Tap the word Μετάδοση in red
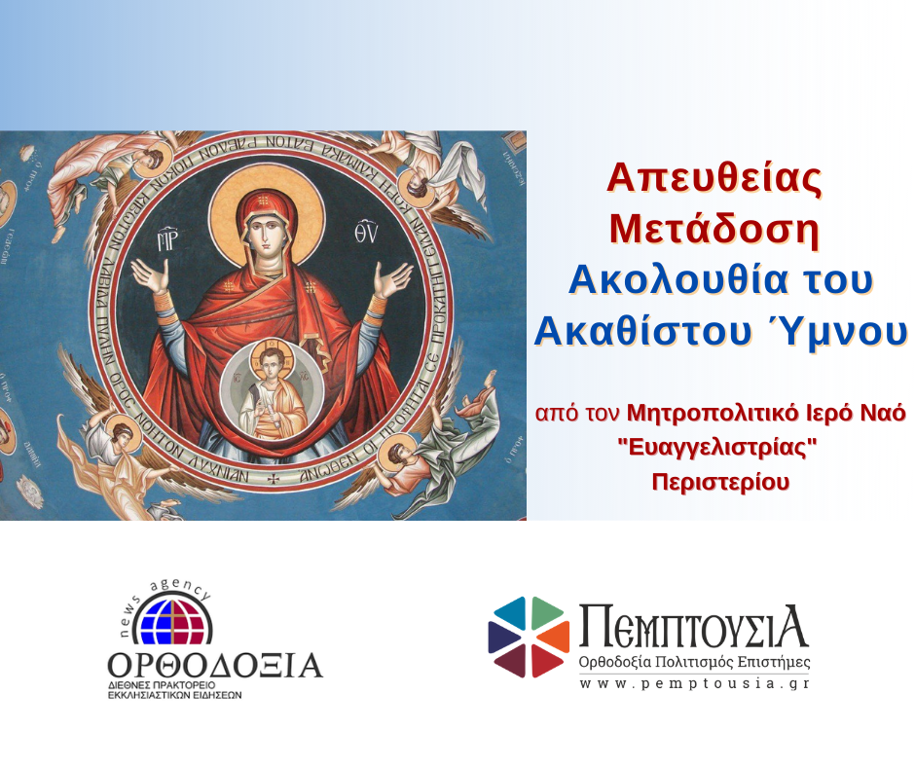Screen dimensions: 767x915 [714, 229]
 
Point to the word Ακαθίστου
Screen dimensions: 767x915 [639, 332]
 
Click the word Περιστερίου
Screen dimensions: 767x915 [720, 482]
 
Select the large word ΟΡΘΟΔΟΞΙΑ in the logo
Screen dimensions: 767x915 [215, 666]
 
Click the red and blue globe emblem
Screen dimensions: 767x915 [171, 618]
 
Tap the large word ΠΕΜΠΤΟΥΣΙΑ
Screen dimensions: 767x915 [693, 627]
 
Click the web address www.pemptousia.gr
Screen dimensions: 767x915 [693, 683]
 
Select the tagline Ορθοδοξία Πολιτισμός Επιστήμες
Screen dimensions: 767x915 [693, 663]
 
